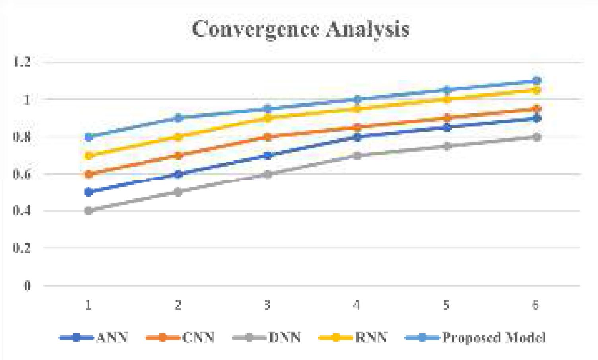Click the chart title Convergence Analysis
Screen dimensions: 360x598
[301, 29]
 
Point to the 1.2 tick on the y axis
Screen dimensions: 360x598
[21, 62]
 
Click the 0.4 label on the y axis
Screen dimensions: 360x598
[21, 211]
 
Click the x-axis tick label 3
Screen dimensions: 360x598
[267, 305]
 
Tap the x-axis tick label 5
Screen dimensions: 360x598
[446, 305]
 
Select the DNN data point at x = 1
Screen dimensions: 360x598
[89, 211]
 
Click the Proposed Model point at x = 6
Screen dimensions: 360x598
[536, 81]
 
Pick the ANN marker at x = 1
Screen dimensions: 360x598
[89, 192]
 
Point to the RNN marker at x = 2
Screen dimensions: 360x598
[178, 137]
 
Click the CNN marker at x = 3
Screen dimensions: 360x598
[268, 137]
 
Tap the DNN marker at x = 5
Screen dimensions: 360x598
[447, 146]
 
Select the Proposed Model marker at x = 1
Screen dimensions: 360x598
[89, 137]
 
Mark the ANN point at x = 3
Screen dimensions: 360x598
[268, 155]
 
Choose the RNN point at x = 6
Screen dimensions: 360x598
[536, 90]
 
